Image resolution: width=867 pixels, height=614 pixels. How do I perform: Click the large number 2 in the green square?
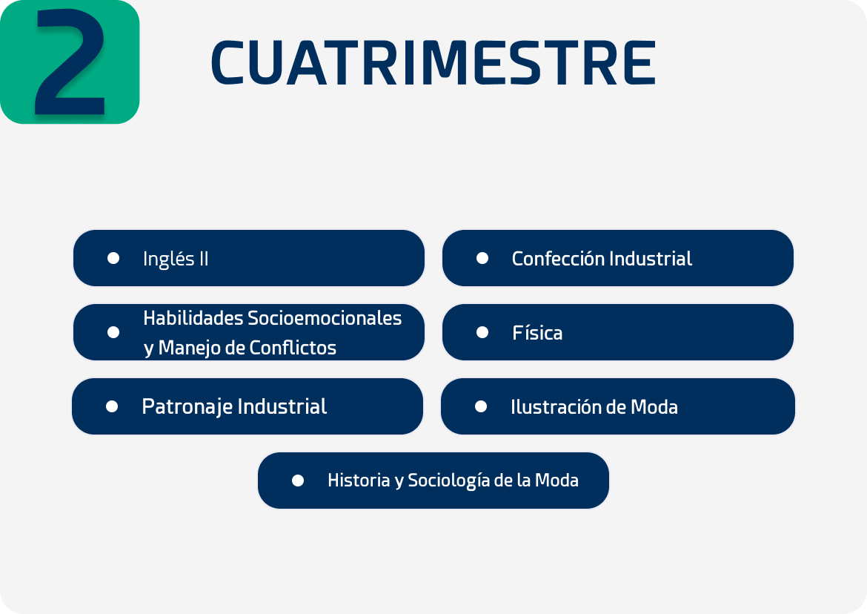click(70, 62)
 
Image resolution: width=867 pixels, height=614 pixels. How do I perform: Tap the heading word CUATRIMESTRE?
click(433, 63)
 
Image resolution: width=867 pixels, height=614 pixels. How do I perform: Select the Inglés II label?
click(176, 259)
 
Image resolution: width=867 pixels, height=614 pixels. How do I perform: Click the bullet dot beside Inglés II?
click(113, 258)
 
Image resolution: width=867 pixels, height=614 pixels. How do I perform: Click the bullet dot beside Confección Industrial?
click(482, 258)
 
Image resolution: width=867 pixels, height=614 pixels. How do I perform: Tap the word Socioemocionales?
click(325, 318)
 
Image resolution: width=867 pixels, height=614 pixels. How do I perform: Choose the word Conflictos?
click(293, 348)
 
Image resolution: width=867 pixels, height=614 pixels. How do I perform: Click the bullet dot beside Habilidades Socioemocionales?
click(113, 332)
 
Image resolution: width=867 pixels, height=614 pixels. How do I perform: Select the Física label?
click(537, 333)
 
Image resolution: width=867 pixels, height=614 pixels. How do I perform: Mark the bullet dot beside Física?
click(482, 332)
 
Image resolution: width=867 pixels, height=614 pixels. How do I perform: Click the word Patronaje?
click(187, 407)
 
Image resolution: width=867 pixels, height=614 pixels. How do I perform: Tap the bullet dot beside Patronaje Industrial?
click(112, 406)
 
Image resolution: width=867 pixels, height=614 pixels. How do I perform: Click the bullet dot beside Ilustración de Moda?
click(481, 406)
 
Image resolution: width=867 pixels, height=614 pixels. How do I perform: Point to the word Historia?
click(359, 480)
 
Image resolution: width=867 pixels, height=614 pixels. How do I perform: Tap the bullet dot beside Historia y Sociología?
click(297, 480)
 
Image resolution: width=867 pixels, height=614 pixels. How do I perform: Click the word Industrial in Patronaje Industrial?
click(282, 406)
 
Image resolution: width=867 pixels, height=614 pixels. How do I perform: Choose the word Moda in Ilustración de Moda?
click(654, 407)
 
